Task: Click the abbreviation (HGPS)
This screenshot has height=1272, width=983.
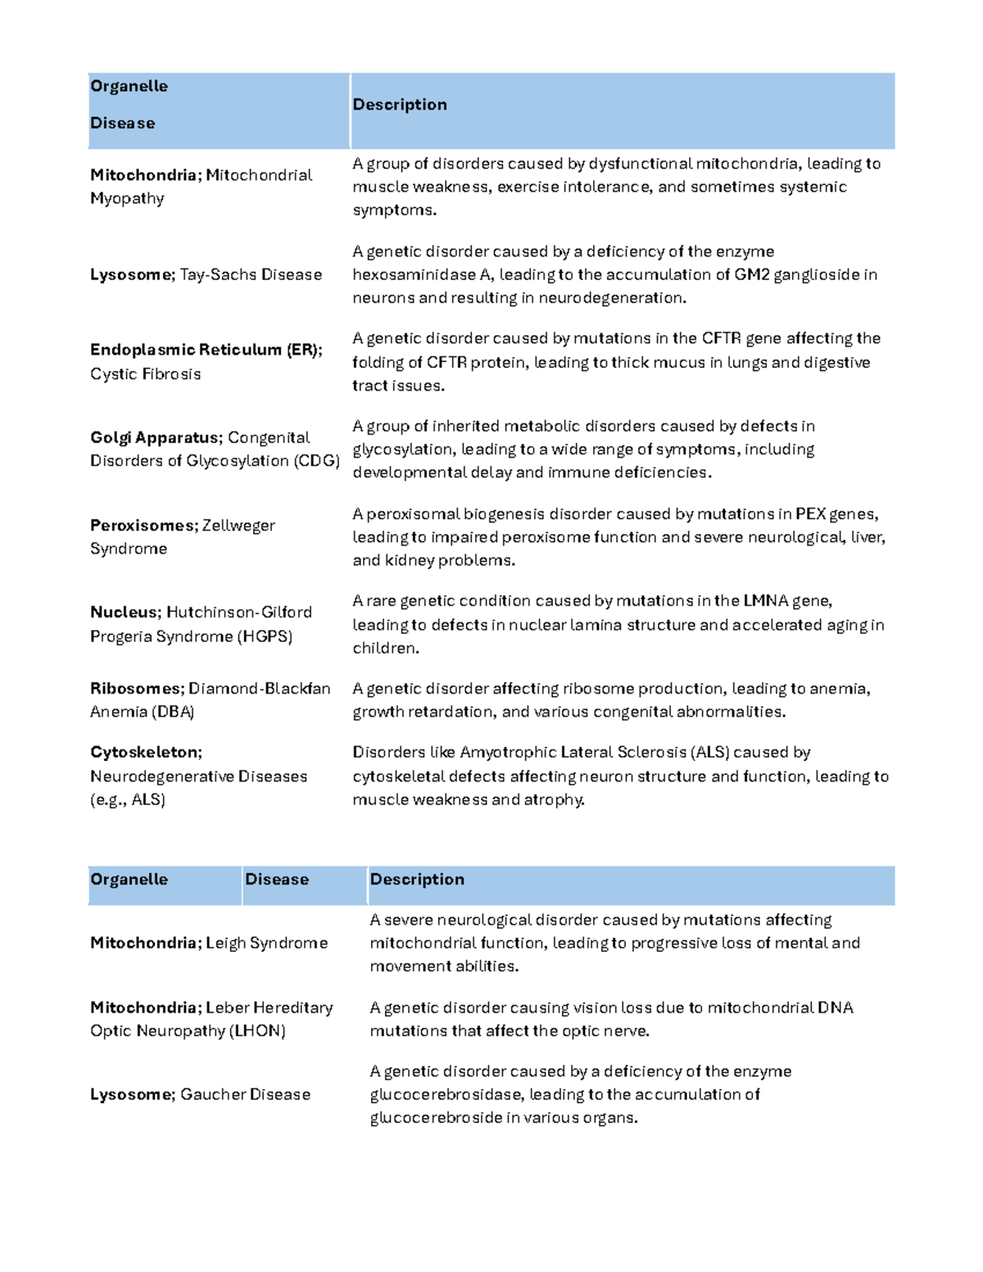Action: click(x=265, y=636)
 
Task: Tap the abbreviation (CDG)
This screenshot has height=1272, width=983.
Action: click(x=316, y=461)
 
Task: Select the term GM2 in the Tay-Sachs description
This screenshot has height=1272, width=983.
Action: click(x=751, y=274)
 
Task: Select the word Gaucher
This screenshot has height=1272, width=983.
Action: click(x=212, y=1094)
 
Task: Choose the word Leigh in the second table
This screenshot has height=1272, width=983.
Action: click(x=225, y=944)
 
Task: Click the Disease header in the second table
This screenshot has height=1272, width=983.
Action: click(x=277, y=880)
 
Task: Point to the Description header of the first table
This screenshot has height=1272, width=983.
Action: click(x=400, y=105)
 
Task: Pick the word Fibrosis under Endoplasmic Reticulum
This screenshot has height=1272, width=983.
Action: click(x=170, y=374)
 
